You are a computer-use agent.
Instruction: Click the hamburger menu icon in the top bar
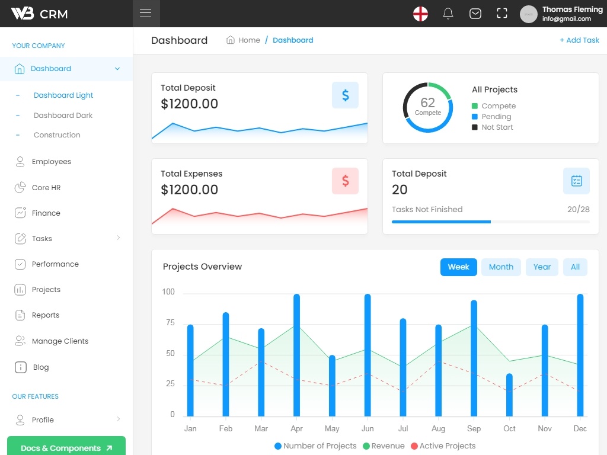coord(146,13)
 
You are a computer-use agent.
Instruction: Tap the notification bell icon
coord(448,14)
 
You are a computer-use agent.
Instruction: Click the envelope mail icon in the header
coord(475,14)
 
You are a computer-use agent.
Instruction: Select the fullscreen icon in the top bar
coord(501,14)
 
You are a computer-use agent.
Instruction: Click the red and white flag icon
coord(420,14)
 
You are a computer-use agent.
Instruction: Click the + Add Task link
coord(579,40)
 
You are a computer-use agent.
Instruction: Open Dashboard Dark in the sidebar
coord(63,116)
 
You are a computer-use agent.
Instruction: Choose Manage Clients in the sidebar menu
coord(60,341)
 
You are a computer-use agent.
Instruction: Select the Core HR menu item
coord(46,188)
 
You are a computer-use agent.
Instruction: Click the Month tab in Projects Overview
coord(501,267)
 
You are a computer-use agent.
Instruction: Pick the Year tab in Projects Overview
coord(542,267)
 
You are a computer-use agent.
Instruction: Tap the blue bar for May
coord(332,386)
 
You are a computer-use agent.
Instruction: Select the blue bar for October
coord(509,395)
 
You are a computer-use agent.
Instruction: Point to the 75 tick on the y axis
coord(170,323)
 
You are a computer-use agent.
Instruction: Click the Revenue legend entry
coord(384,446)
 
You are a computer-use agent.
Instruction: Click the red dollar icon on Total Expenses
coord(346,181)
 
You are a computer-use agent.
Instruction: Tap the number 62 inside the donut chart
coord(428,102)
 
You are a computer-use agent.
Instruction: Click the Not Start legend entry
coord(493,127)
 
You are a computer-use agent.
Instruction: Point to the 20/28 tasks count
coord(579,209)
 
